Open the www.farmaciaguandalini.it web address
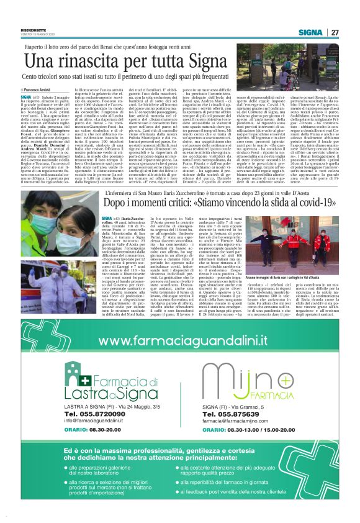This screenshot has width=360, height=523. (180, 341)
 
